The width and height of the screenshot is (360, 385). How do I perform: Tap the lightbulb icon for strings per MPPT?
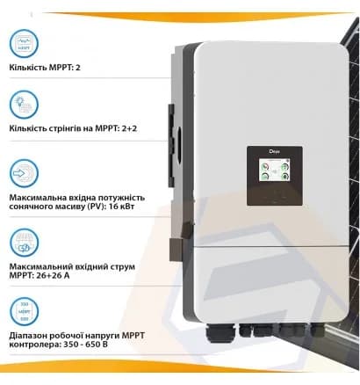(23, 106)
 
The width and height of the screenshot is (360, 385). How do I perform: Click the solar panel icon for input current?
(23, 239)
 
